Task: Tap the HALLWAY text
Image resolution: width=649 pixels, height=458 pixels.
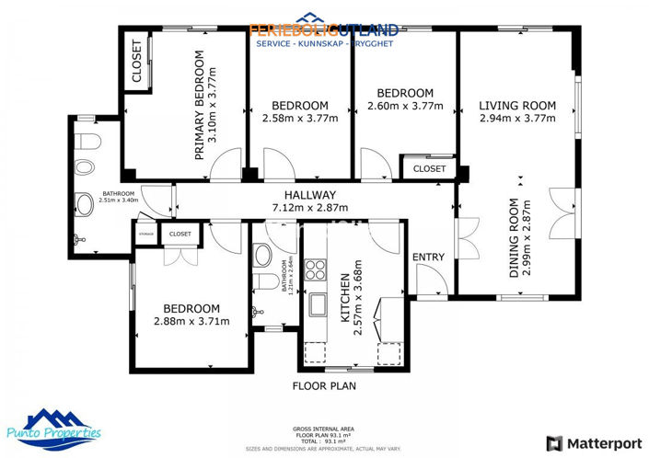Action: [x=309, y=195]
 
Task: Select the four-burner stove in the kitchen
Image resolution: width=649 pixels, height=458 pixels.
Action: [x=317, y=270]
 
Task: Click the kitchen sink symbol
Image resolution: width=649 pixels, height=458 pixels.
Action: [x=319, y=304]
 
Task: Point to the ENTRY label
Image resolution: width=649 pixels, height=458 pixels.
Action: [x=427, y=257]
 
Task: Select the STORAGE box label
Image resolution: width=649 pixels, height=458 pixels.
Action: [x=145, y=235]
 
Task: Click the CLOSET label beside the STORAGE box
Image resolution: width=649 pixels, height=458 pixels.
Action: [x=180, y=235]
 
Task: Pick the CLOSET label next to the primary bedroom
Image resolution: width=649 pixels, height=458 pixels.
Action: [x=137, y=63]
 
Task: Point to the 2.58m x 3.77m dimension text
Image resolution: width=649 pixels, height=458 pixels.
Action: [x=300, y=118]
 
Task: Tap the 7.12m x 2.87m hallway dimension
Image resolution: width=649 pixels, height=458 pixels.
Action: [x=309, y=208]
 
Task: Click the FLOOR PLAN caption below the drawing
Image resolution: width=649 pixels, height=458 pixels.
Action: [x=324, y=386]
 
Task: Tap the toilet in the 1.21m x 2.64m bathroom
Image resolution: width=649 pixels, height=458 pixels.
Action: [x=264, y=282]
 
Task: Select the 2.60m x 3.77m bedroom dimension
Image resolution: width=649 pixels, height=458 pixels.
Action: [x=405, y=106]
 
